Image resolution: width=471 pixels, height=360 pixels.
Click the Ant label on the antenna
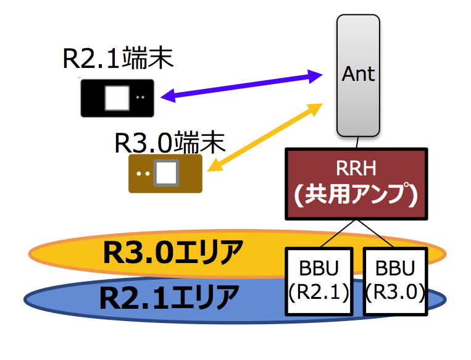pyautogui.click(x=358, y=74)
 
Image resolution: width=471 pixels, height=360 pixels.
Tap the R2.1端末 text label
pyautogui.click(x=118, y=59)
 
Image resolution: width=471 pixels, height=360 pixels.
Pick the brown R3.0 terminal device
pyautogui.click(x=165, y=174)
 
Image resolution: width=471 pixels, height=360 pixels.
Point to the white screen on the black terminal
pyautogui.click(x=117, y=98)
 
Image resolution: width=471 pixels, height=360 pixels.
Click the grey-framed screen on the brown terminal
pyautogui.click(x=166, y=173)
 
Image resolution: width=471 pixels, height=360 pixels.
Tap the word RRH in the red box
pyautogui.click(x=356, y=169)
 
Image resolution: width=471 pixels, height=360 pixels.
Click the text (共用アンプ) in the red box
pyautogui.click(x=356, y=195)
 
